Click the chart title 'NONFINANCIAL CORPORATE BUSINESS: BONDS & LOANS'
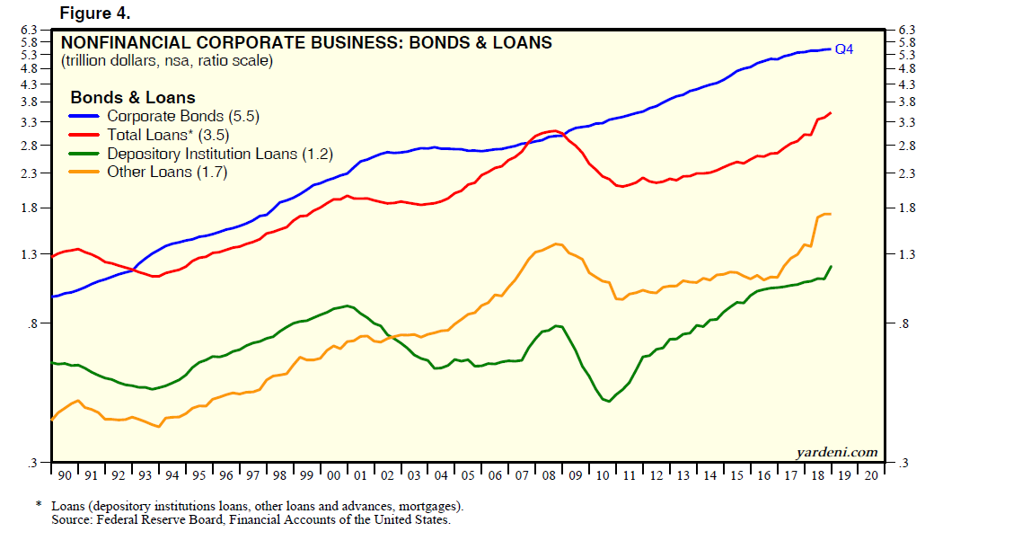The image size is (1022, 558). point(306,43)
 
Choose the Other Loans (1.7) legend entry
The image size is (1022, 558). point(167,173)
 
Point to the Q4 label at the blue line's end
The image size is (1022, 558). point(844,49)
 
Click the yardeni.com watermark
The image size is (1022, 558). point(836,453)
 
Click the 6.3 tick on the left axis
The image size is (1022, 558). point(29,31)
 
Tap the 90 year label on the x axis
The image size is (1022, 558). point(65,475)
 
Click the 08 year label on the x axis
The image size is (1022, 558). point(548,475)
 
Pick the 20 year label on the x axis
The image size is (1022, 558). point(870,475)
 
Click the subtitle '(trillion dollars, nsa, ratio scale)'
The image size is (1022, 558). point(167,62)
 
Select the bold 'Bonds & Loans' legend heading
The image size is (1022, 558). point(132,98)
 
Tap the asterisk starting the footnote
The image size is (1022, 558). point(39,506)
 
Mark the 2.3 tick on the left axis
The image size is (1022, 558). point(29,173)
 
